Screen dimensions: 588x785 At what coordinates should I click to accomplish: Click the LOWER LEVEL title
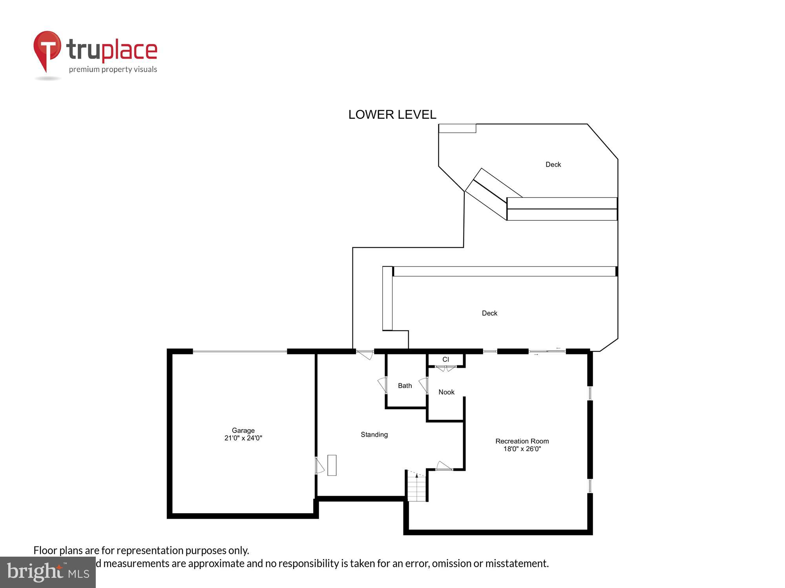(x=392, y=114)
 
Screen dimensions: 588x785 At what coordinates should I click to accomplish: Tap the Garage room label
(x=243, y=430)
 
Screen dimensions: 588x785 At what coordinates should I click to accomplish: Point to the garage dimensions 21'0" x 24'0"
(x=243, y=438)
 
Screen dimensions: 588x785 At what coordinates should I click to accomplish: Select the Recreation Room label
(x=522, y=441)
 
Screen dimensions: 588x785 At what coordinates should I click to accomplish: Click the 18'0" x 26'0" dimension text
(x=522, y=449)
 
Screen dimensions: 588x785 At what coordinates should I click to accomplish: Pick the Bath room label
(x=405, y=386)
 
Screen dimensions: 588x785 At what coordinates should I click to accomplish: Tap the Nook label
(x=446, y=392)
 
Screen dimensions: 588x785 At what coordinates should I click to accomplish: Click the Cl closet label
(x=445, y=359)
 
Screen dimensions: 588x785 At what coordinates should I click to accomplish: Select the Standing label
(x=374, y=434)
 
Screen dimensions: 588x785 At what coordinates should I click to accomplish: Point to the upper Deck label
(x=553, y=165)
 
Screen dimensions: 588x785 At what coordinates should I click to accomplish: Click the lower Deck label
(x=489, y=313)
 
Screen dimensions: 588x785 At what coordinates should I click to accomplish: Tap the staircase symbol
(x=416, y=486)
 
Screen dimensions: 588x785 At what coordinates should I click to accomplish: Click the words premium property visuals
(x=113, y=69)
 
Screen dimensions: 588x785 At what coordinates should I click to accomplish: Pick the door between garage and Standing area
(x=319, y=466)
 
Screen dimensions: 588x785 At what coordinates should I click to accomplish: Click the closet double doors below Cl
(x=445, y=368)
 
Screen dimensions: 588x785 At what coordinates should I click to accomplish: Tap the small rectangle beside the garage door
(x=332, y=465)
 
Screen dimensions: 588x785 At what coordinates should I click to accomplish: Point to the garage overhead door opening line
(x=240, y=352)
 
